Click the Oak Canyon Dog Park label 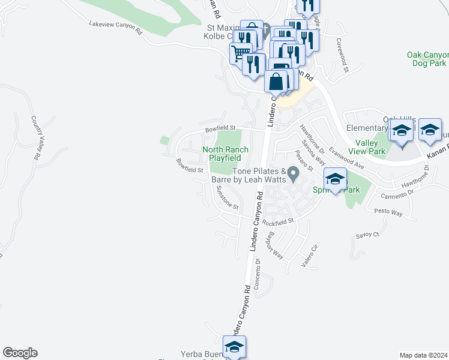coord(427,59)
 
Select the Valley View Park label coord(367,147)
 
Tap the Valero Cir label coord(312,255)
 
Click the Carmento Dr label coord(398,193)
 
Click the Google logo coord(20,353)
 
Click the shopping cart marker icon coord(240,53)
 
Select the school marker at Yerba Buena coord(234,347)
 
